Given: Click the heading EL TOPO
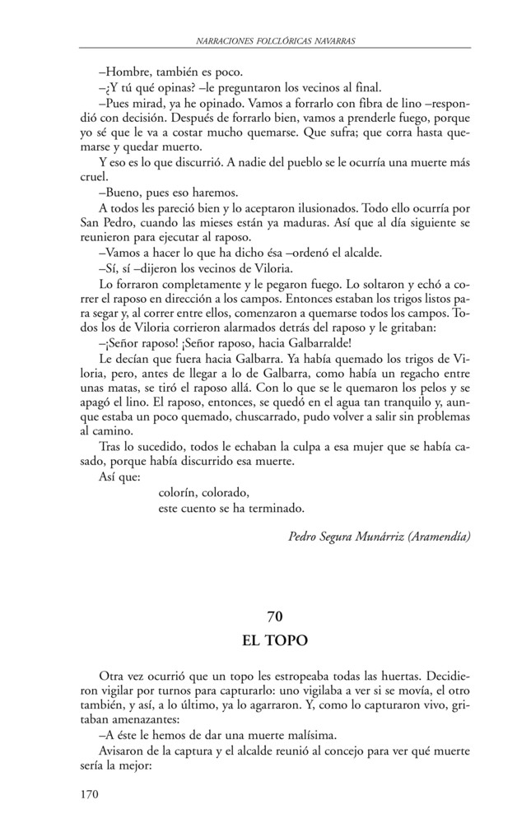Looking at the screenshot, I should [x=275, y=639].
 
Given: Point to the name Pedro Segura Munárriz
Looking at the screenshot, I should [x=352, y=537].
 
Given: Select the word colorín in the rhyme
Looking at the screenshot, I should [x=177, y=493].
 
